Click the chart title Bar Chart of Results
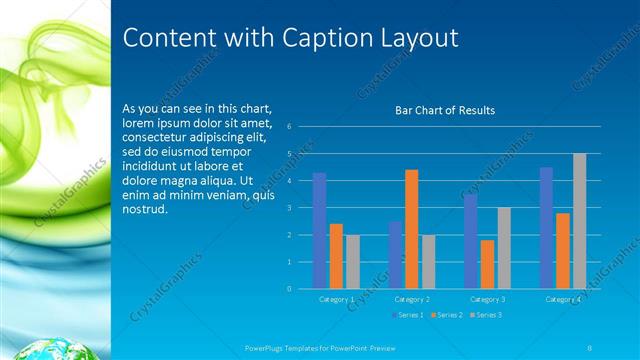(x=445, y=110)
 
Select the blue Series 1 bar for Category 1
(x=319, y=231)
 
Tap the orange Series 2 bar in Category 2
(x=411, y=229)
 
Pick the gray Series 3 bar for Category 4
(x=579, y=221)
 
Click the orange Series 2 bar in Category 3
(x=487, y=264)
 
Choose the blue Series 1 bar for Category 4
(x=546, y=228)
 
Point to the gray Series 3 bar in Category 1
(x=353, y=262)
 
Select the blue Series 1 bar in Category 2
(x=395, y=255)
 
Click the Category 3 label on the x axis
(x=487, y=299)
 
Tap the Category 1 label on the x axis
(x=336, y=299)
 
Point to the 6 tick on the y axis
(x=288, y=127)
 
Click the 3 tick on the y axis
(x=288, y=208)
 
